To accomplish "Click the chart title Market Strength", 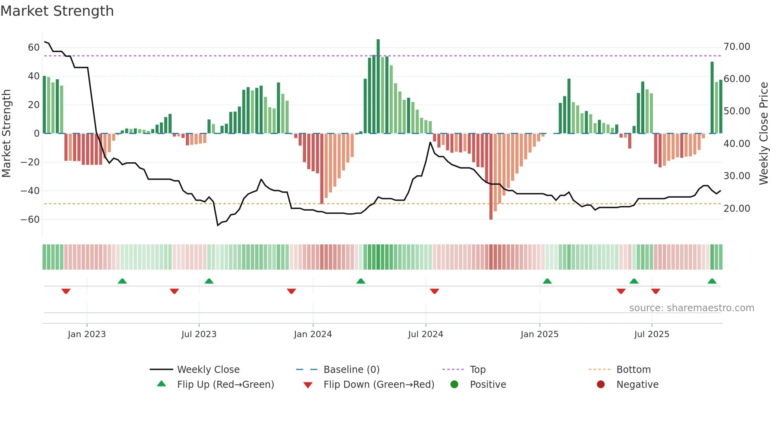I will (57, 11).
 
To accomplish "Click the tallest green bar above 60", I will (378, 86).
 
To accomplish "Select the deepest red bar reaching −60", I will (491, 177).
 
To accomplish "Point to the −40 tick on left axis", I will (30, 191).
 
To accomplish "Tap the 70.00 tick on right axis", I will (737, 47).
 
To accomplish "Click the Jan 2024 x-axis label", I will (313, 334).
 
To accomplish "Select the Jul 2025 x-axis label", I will (651, 334).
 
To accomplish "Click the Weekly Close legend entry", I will (208, 370).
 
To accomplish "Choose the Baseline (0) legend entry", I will (351, 370).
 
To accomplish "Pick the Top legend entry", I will (477, 370).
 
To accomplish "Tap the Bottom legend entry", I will (633, 370).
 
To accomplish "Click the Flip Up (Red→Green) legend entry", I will (225, 385).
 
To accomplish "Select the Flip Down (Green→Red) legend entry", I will (379, 385).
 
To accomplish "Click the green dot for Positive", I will (455, 384).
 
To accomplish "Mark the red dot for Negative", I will (601, 384).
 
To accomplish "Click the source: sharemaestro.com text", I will (691, 308).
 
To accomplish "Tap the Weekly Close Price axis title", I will (763, 134).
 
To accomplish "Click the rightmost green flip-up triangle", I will (712, 281).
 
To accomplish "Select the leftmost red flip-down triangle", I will (66, 291).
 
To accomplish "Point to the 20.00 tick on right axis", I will (737, 209).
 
